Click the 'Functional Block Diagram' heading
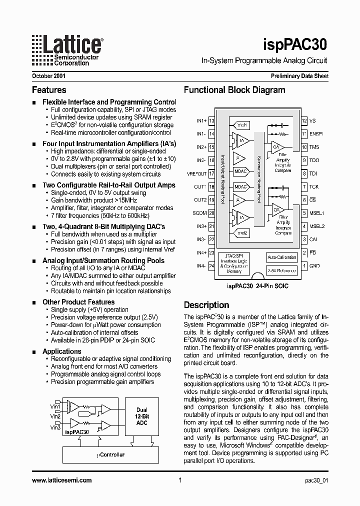234,90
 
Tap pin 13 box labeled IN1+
211,121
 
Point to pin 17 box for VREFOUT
211,173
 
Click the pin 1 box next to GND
304,265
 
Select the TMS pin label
314,147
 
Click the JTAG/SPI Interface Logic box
238,263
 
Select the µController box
110,454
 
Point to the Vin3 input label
55,427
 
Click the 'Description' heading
206,305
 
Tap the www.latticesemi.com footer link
61,480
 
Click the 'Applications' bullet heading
61,351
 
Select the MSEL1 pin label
317,213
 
